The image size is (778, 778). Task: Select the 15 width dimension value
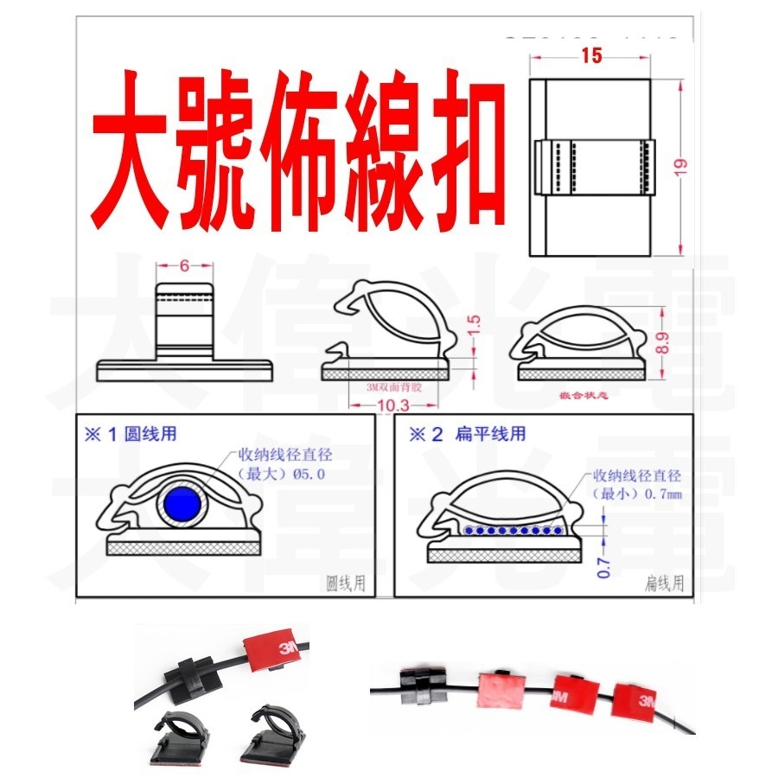(592, 56)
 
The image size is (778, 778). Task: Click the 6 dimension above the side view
(184, 266)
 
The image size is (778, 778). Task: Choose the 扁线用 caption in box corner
(665, 583)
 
